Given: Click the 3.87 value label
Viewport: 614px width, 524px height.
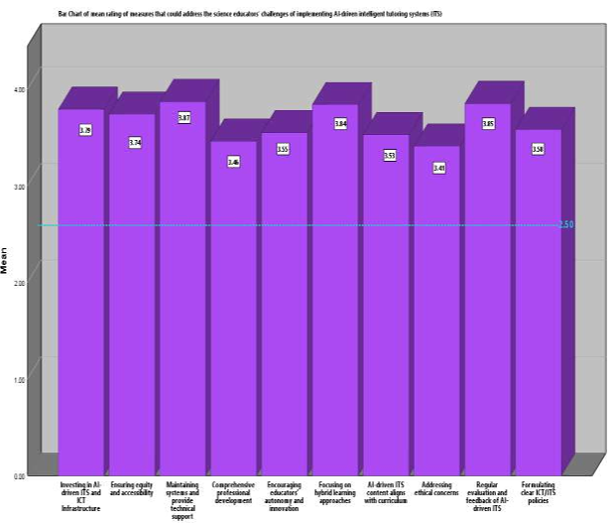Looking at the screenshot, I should coord(184,118).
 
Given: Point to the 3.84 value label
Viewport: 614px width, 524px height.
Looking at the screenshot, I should coord(340,123).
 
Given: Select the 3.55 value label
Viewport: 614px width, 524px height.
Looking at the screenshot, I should coord(283,149).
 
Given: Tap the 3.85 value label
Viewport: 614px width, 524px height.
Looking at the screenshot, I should coord(488,123).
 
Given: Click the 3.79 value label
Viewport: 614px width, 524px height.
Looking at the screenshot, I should coord(85,129).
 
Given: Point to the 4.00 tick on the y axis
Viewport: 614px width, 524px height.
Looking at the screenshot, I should coord(20,90).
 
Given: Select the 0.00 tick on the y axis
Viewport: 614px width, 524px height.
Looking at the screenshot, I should coord(20,476).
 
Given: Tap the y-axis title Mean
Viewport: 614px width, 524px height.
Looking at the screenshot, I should coord(5,261).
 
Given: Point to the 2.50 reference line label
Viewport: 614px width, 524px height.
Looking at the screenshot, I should coord(566,225).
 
